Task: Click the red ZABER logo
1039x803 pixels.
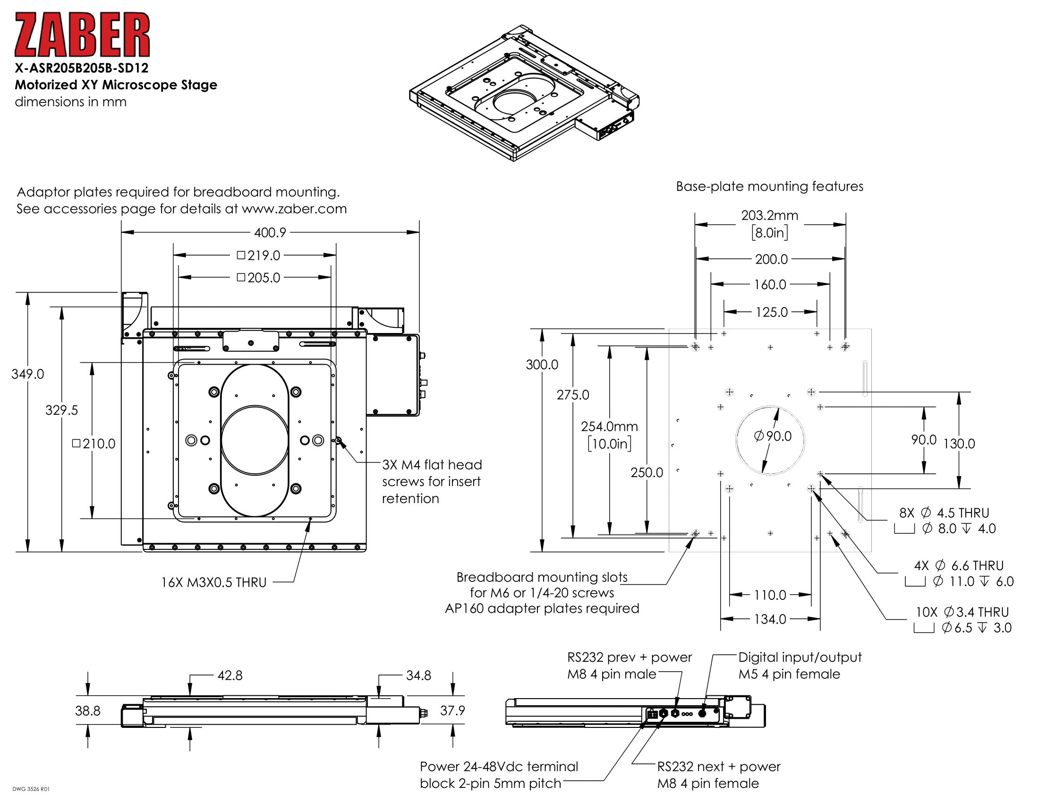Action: [82, 35]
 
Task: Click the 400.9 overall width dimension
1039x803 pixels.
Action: [270, 232]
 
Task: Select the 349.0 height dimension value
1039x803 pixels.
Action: [27, 374]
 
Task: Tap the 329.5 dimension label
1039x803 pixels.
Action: [61, 410]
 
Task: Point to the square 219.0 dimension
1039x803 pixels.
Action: [259, 256]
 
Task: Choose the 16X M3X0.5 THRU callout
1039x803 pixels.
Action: [213, 582]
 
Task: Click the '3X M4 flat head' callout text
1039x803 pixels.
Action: [432, 465]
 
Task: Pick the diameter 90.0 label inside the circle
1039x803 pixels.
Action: [773, 436]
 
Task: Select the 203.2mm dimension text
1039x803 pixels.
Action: [769, 215]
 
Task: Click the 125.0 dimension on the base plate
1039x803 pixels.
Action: [772, 312]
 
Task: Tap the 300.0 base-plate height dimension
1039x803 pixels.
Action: [542, 365]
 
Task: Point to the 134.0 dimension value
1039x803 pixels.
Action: [770, 619]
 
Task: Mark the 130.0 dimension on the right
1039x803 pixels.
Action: [959, 444]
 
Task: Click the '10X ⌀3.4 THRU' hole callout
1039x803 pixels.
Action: [962, 612]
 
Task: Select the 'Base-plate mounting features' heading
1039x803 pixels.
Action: [769, 187]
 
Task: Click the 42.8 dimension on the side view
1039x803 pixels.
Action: [230, 675]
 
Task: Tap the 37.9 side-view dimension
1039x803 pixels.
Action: [452, 711]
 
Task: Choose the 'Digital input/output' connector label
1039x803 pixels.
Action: [800, 658]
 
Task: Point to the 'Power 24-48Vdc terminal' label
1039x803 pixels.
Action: [499, 766]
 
